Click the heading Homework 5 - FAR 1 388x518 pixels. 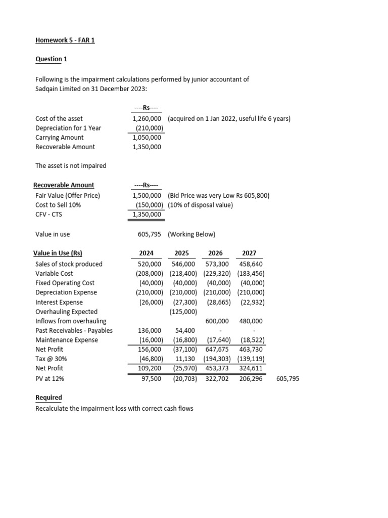65,40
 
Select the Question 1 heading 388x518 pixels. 51,59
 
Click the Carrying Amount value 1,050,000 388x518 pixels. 147,138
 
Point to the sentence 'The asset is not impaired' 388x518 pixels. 71,166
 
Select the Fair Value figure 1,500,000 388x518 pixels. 147,195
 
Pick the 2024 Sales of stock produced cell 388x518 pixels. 150,264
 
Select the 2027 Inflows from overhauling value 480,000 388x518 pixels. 252,321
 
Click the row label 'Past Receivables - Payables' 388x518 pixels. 74,331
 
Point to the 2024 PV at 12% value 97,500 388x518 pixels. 152,378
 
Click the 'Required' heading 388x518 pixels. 49,398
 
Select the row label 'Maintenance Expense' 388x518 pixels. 66,340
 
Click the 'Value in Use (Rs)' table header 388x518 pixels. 58,253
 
